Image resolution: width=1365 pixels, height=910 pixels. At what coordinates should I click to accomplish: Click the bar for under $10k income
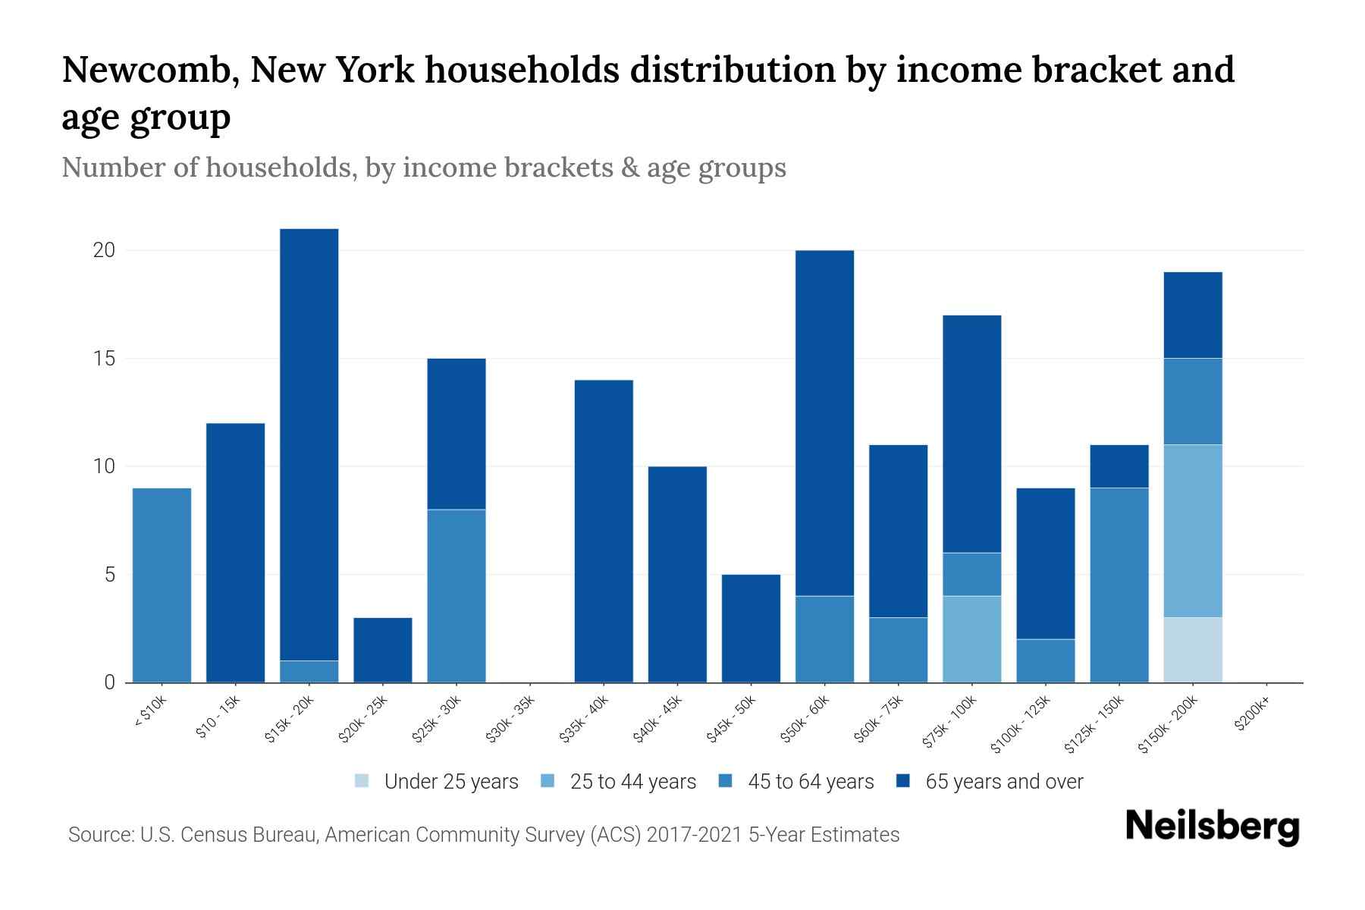tap(162, 585)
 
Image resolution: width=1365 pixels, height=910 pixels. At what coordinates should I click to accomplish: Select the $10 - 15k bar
tap(235, 552)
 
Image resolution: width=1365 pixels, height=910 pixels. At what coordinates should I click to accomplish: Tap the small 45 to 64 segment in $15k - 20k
tap(309, 671)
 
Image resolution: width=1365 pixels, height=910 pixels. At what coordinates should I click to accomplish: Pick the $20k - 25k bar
tap(382, 650)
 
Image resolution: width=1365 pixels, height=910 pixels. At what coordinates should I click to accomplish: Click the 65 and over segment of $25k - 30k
tap(456, 434)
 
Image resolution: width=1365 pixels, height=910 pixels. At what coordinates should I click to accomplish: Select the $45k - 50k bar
tap(751, 628)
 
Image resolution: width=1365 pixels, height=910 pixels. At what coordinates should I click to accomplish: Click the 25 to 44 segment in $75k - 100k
tap(971, 639)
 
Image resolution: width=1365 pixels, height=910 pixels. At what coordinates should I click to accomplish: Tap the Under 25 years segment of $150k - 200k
tap(1192, 650)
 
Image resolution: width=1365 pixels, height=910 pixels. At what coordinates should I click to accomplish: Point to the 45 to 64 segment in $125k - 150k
tap(1119, 585)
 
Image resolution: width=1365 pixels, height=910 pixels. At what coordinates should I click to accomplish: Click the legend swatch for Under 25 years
tap(362, 781)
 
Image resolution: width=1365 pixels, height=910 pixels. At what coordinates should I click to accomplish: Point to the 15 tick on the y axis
tap(104, 359)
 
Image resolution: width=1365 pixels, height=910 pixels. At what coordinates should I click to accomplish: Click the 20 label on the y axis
tap(104, 250)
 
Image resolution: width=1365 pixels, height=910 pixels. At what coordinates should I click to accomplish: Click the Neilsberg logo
tap(1212, 827)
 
